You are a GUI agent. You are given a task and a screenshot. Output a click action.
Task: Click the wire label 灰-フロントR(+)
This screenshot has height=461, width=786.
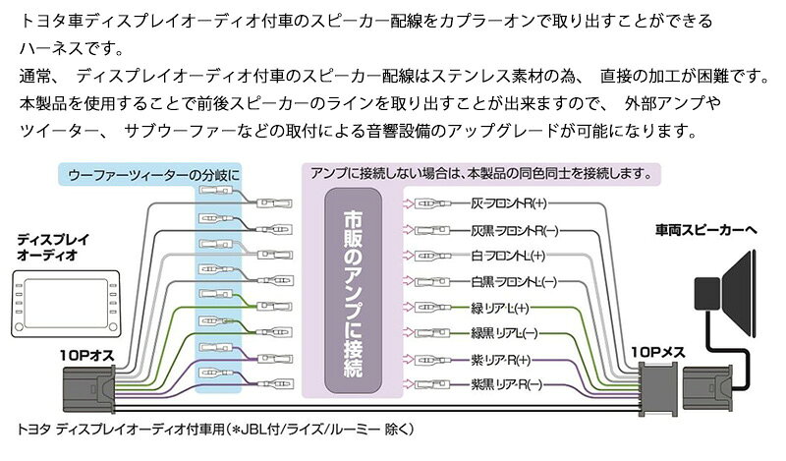tap(509, 203)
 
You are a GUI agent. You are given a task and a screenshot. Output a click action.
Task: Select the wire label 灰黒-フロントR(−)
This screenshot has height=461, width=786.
tap(514, 230)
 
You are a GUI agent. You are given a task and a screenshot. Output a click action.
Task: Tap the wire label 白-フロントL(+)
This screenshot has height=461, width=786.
tap(508, 256)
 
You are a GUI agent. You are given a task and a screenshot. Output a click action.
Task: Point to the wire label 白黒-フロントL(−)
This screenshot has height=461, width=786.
tap(514, 282)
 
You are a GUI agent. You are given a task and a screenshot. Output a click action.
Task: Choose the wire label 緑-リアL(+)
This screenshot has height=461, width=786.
tap(500, 308)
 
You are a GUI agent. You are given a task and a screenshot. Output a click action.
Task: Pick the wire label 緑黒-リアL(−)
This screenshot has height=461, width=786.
tap(504, 333)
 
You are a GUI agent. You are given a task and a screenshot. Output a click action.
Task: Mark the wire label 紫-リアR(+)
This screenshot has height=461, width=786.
tap(501, 360)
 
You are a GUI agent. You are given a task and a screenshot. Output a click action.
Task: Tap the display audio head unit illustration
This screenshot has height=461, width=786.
tap(66, 303)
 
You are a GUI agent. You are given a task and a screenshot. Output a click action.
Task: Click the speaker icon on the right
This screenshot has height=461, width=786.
tap(725, 294)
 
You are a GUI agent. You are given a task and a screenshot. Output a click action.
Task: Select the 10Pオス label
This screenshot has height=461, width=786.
tap(86, 356)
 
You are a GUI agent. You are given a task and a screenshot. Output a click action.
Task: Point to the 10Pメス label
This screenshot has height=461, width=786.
tap(657, 352)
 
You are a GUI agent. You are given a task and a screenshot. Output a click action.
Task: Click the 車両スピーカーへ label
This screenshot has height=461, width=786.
tap(705, 230)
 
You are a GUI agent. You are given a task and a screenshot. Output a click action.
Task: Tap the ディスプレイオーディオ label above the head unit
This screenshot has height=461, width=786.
tap(53, 247)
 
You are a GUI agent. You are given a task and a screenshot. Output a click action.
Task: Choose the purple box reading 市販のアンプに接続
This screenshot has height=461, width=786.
tap(354, 291)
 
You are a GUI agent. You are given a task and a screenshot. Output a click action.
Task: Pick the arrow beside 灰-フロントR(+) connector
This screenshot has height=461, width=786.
tap(408, 203)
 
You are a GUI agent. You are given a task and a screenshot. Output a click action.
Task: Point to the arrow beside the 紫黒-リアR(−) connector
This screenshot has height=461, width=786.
tap(408, 384)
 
